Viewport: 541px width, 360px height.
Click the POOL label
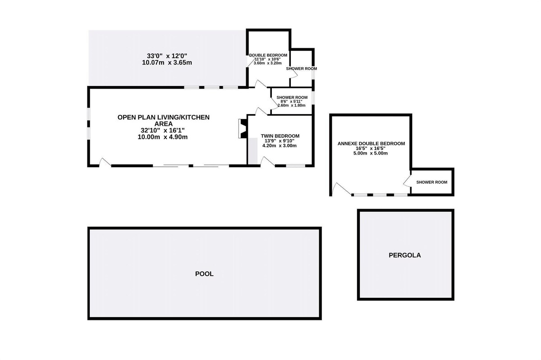[204, 274]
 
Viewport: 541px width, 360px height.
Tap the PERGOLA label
[405, 255]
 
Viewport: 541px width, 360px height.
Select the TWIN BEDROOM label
[280, 136]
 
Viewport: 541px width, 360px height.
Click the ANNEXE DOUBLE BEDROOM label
[371, 143]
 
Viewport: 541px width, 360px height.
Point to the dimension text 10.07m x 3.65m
[167, 63]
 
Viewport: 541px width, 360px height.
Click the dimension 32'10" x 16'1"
[163, 130]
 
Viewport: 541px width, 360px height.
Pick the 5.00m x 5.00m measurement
[371, 153]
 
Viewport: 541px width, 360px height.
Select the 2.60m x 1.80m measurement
[292, 105]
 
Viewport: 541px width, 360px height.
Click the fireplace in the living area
[243, 129]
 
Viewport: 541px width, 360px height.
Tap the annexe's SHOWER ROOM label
[431, 182]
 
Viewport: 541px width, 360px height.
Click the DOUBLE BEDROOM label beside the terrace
[268, 55]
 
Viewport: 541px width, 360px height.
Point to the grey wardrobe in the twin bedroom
[253, 151]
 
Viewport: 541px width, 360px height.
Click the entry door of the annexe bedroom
[341, 189]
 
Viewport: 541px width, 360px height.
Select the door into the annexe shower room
[407, 181]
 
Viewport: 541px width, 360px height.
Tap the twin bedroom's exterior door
[268, 161]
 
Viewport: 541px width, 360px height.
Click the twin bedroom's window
[296, 166]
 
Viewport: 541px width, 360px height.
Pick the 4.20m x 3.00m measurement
[280, 146]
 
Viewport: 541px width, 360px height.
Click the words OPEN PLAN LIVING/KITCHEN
[164, 117]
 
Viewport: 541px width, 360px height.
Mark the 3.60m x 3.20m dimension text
[268, 63]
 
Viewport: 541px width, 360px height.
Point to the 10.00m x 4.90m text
[163, 137]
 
